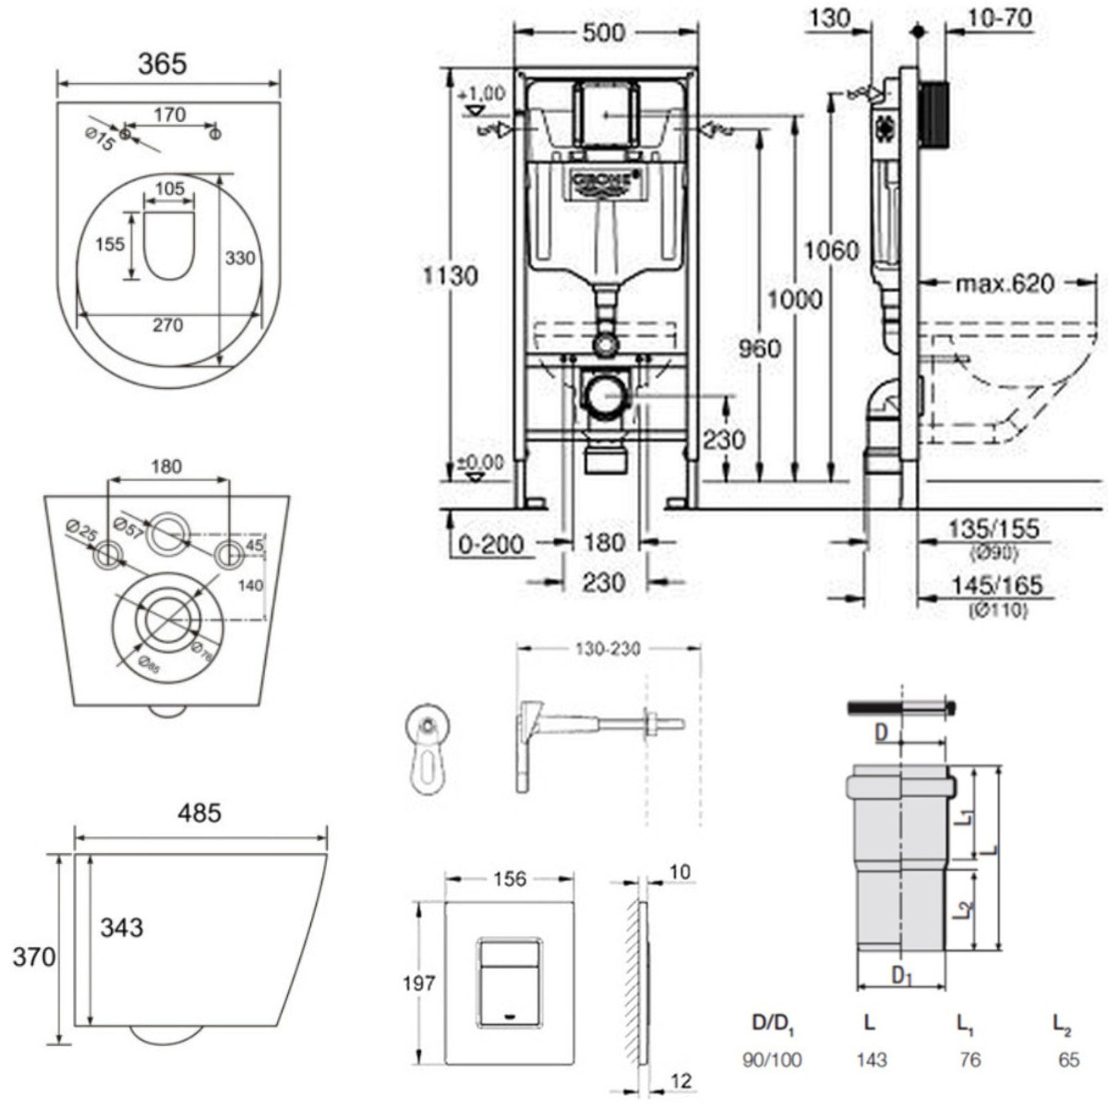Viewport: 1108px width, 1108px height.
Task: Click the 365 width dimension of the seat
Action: click(162, 64)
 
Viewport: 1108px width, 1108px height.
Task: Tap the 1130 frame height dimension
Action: click(450, 275)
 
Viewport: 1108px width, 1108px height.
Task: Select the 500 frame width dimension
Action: click(605, 32)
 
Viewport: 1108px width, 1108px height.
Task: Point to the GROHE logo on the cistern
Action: click(605, 182)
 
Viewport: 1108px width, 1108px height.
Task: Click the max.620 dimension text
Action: click(1005, 283)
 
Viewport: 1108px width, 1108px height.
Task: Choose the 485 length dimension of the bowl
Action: click(199, 813)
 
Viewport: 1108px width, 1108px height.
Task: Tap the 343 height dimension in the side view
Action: click(121, 926)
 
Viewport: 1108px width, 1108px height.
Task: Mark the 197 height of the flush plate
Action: click(418, 983)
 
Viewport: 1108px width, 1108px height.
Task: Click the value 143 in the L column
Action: click(871, 1060)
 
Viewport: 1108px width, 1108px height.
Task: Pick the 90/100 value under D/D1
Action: click(773, 1060)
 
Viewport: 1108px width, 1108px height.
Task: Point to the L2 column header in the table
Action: click(1062, 1023)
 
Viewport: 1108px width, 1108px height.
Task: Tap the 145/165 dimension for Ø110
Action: click(995, 584)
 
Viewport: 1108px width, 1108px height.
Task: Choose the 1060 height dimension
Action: click(831, 250)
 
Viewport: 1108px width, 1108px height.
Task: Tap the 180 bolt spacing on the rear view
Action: click(167, 466)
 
